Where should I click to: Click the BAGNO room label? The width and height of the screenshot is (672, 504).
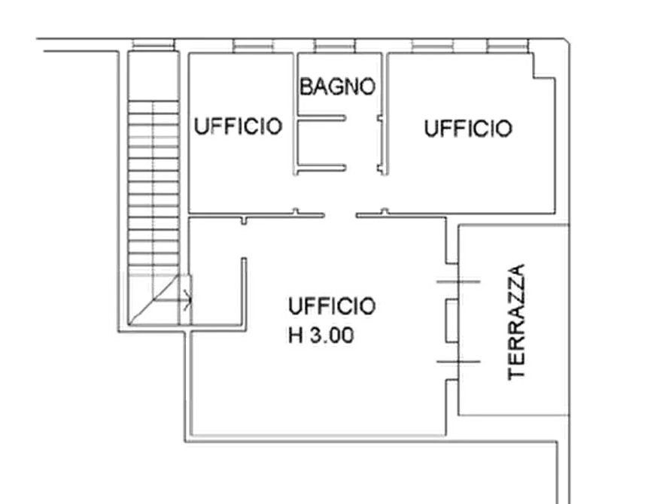[337, 86]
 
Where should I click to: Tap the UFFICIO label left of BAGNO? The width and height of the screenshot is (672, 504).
[238, 126]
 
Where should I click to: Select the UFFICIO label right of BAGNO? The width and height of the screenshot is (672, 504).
[467, 128]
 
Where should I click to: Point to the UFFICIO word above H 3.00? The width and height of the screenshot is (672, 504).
[331, 306]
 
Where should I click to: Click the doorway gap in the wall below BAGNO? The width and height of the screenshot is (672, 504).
[342, 216]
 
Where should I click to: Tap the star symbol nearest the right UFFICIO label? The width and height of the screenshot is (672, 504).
[385, 208]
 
